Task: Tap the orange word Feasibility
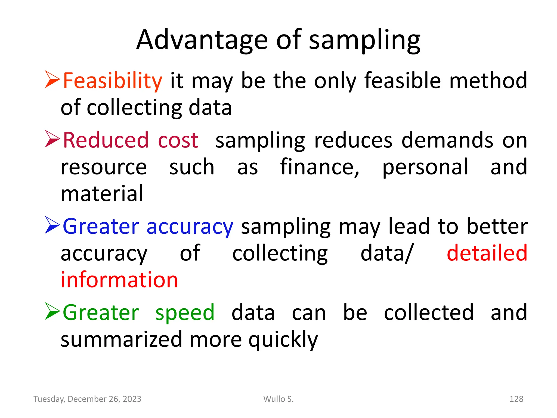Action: click(112, 81)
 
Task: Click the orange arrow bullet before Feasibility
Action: click(52, 79)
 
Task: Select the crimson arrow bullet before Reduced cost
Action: click(52, 139)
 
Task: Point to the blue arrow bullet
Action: click(52, 225)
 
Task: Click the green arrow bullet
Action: click(52, 311)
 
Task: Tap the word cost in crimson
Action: click(178, 140)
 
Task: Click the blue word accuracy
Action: click(190, 227)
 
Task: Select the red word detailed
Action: click(487, 253)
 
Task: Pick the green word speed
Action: click(185, 313)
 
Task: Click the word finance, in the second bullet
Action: click(320, 167)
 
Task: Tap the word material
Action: click(102, 193)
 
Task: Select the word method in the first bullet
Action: click(488, 81)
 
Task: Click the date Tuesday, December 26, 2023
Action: click(87, 399)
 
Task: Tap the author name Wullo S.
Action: click(278, 399)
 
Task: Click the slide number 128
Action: click(516, 399)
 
